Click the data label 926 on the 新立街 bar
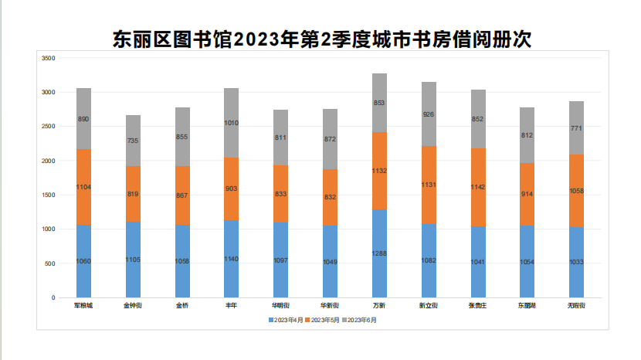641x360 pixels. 429,114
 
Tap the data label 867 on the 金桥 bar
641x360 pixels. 182,195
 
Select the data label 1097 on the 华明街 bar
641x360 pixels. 281,260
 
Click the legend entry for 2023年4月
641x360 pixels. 287,319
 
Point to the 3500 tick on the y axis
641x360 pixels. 48,58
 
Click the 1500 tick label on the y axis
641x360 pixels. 48,195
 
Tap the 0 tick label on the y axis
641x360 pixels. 53,297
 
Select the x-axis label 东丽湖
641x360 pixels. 527,306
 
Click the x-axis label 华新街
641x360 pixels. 330,306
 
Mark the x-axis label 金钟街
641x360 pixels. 133,306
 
